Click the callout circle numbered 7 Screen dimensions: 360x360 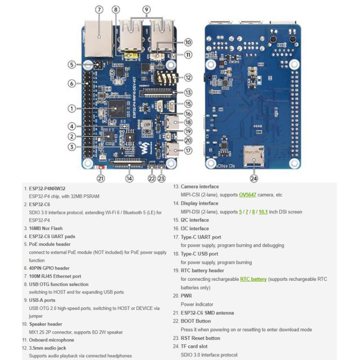(x=99, y=10)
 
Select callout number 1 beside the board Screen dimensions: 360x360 (x=72, y=108)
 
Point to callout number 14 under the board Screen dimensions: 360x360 (x=130, y=178)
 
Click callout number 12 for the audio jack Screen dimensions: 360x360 (x=188, y=77)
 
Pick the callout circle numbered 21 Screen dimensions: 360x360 (x=101, y=178)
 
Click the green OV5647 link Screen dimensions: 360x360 (x=249, y=195)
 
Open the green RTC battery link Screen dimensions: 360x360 (x=253, y=279)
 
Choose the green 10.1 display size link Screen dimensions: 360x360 (x=263, y=212)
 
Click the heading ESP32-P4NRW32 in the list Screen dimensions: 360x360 (x=47, y=188)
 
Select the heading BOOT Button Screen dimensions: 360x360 (x=195, y=321)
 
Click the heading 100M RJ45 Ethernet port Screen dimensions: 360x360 (x=55, y=276)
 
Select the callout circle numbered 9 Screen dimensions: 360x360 (x=146, y=10)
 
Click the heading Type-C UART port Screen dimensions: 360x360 (x=201, y=237)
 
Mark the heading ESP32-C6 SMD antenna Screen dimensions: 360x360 (x=207, y=312)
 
